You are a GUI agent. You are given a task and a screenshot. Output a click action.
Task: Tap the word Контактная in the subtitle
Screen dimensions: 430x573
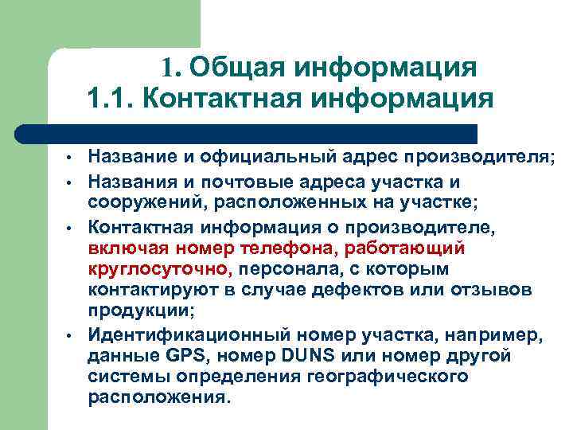(x=232, y=101)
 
